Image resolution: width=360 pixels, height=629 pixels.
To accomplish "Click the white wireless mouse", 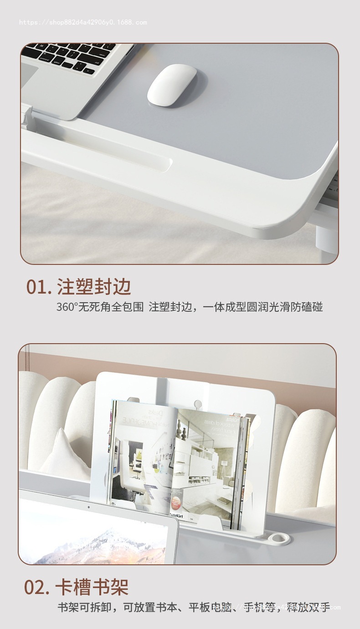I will pos(171,85).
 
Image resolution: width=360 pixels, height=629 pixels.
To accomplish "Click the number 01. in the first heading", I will pos(39,287).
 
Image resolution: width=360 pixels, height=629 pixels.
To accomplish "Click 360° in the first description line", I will pos(67,307).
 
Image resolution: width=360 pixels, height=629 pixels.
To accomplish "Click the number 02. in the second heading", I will pos(37,587).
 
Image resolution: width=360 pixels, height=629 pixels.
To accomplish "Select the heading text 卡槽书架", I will pos(92,587).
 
